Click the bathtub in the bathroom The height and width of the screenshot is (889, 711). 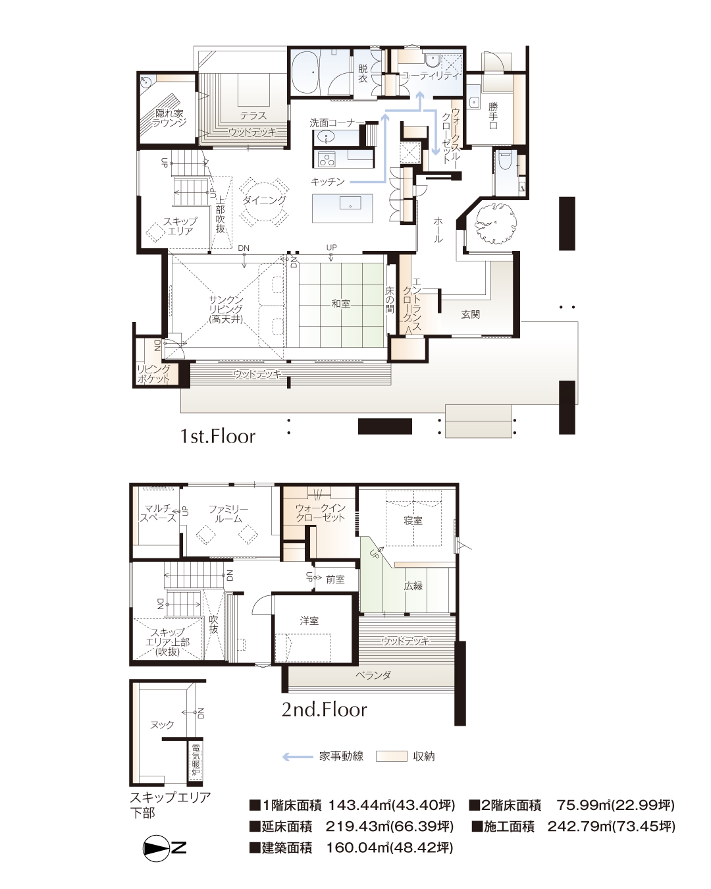[307, 72]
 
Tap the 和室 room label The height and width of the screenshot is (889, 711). [340, 304]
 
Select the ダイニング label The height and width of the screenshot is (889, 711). [264, 200]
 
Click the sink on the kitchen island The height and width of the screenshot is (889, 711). [350, 203]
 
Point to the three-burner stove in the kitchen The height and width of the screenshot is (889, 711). [327, 159]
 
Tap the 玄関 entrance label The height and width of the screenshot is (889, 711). [470, 314]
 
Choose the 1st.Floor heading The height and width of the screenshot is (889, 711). [218, 436]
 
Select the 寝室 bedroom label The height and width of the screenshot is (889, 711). [413, 520]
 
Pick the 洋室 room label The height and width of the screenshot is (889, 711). [309, 620]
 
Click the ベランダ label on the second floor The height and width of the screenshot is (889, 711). [373, 676]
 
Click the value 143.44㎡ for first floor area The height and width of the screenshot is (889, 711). [359, 805]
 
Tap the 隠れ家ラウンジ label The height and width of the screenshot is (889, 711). [169, 117]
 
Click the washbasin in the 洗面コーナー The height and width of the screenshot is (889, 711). [327, 136]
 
